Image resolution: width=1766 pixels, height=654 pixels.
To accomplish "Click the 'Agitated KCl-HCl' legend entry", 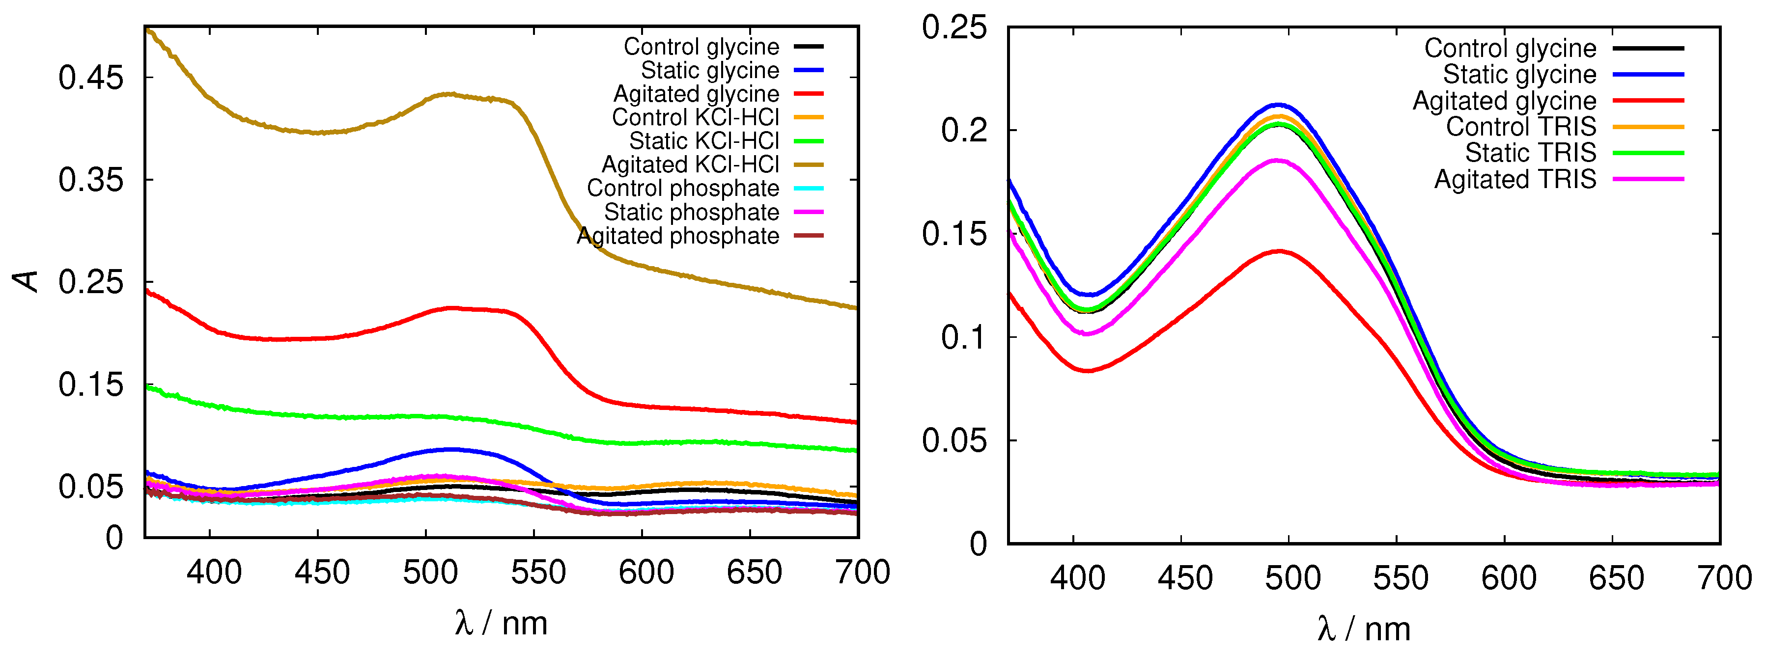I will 690,164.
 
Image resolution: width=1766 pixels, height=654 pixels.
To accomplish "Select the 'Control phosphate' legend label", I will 683,188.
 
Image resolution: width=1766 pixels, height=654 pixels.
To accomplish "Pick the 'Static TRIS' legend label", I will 1530,152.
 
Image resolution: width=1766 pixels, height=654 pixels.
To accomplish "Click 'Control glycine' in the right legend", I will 1510,48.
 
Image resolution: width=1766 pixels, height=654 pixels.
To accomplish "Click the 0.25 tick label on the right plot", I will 953,27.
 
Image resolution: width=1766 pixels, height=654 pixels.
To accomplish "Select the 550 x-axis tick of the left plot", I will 537,572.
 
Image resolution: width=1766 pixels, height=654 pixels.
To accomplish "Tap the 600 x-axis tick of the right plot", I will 1508,578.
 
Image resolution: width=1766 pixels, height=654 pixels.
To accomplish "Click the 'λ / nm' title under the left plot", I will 501,623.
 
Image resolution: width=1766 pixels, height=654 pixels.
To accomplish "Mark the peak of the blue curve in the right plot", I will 1278,105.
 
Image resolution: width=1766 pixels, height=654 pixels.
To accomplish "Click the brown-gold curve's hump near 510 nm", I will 449,94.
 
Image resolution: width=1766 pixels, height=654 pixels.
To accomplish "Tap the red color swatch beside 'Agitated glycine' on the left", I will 808,94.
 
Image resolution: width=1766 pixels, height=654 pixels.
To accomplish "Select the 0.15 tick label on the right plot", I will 953,234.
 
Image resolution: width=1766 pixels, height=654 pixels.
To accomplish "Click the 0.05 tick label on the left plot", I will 90,487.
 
